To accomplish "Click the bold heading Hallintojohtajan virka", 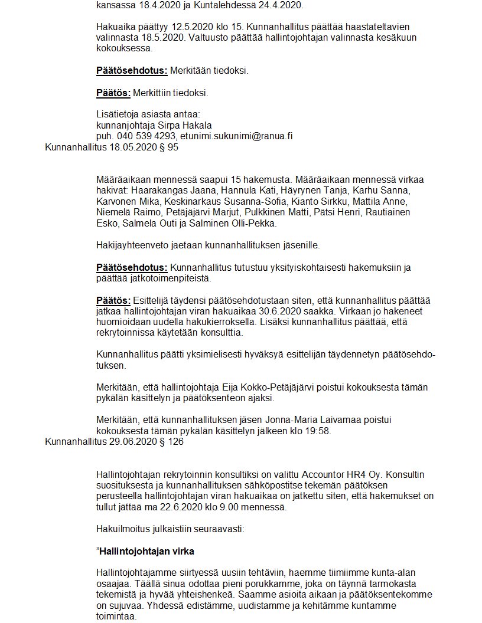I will pyautogui.click(x=147, y=552).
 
